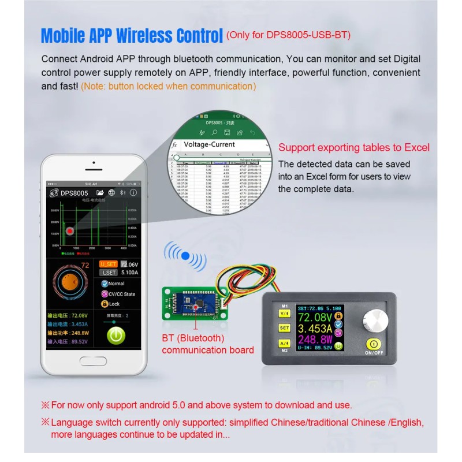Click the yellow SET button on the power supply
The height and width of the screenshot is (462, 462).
pyautogui.click(x=284, y=327)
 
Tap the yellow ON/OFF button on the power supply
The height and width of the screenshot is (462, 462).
pyautogui.click(x=373, y=345)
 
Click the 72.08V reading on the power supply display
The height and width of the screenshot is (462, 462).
pyautogui.click(x=315, y=318)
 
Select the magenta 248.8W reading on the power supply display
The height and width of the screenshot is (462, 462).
pyautogui.click(x=315, y=339)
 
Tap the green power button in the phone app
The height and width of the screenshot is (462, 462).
pyautogui.click(x=117, y=335)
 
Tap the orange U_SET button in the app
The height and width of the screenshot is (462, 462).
pyautogui.click(x=109, y=264)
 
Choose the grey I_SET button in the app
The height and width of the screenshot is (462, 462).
pyautogui.click(x=109, y=273)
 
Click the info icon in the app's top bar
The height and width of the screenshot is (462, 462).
pyautogui.click(x=133, y=192)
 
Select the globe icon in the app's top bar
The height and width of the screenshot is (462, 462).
pyautogui.click(x=112, y=192)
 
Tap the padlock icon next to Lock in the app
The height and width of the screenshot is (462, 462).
pyautogui.click(x=105, y=303)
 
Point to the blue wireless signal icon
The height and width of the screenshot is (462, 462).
pyautogui.click(x=185, y=256)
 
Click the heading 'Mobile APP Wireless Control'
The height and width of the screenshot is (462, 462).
pyautogui.click(x=132, y=35)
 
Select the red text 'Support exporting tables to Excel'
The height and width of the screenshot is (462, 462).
pyautogui.click(x=354, y=148)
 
